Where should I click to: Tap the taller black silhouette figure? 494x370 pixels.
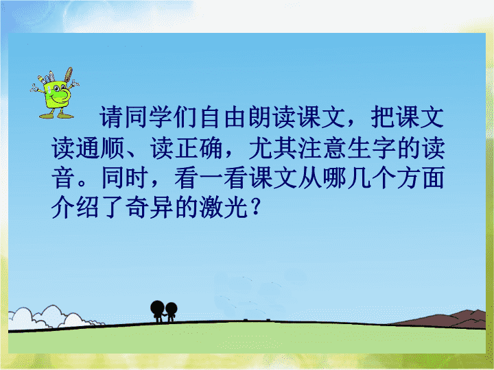(x=158, y=311)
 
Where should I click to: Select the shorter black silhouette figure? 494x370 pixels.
(x=171, y=312)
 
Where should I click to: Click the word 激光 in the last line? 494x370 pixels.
(x=224, y=208)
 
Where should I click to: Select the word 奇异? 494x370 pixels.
(x=150, y=208)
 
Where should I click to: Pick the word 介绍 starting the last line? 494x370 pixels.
(x=75, y=208)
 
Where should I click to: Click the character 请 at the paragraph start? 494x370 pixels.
(x=111, y=117)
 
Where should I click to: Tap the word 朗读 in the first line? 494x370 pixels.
(x=261, y=117)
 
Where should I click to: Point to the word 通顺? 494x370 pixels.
(x=100, y=147)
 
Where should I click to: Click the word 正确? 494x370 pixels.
(x=199, y=147)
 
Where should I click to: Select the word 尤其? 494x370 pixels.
(x=273, y=147)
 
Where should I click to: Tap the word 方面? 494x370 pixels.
(x=421, y=177)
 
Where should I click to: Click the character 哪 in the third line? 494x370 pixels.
(x=334, y=177)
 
